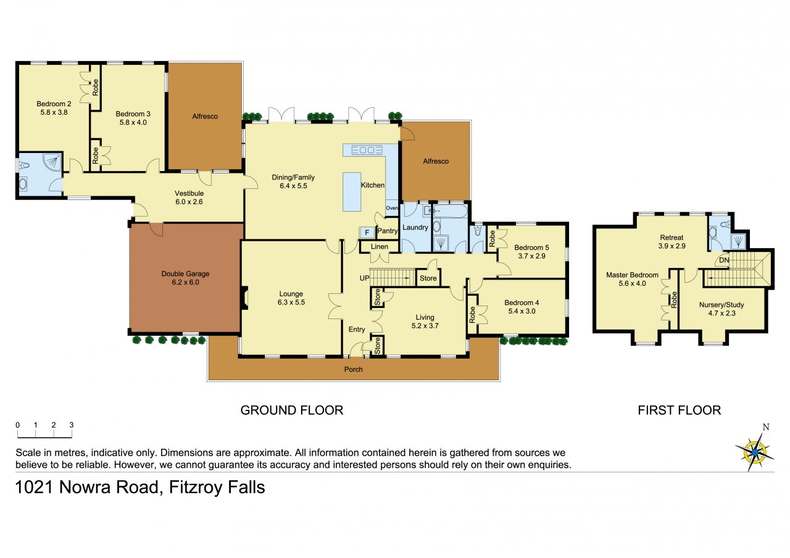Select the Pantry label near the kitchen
pyautogui.click(x=387, y=231)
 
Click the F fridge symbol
pyautogui.click(x=367, y=233)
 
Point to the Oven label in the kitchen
pyautogui.click(x=391, y=208)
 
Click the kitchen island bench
pyautogui.click(x=352, y=191)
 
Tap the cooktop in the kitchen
pyautogui.click(x=367, y=150)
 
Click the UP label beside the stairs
pyautogui.click(x=364, y=278)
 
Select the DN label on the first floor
pyautogui.click(x=724, y=260)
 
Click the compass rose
pyautogui.click(x=755, y=452)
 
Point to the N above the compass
pyautogui.click(x=766, y=427)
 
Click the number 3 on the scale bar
pyautogui.click(x=71, y=425)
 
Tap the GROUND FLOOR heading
pyautogui.click(x=292, y=410)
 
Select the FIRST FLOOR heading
pyautogui.click(x=680, y=410)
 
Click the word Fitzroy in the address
pyautogui.click(x=196, y=488)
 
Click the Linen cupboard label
pyautogui.click(x=380, y=246)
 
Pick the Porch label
pyautogui.click(x=354, y=369)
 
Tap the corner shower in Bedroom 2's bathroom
pyautogui.click(x=52, y=162)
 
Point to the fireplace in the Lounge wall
pyautogui.click(x=244, y=299)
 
